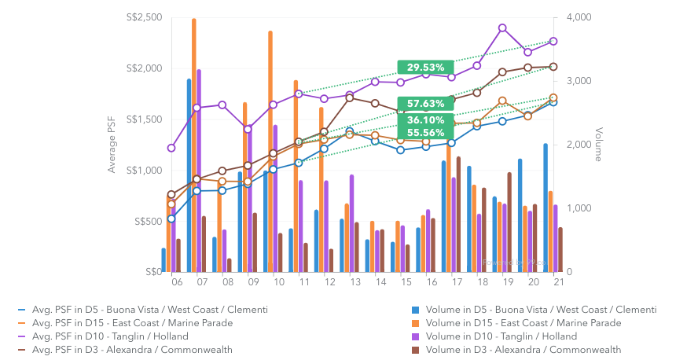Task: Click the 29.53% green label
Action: click(x=426, y=68)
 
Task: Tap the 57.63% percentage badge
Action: click(x=426, y=104)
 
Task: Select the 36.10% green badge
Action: click(x=426, y=120)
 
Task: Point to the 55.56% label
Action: click(x=426, y=133)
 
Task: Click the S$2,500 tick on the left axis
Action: click(x=144, y=17)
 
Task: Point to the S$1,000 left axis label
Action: click(x=144, y=171)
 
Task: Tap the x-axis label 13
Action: click(x=355, y=281)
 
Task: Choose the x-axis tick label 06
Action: click(x=177, y=281)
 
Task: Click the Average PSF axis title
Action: click(x=112, y=145)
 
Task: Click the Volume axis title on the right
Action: click(x=599, y=145)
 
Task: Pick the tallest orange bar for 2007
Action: click(x=194, y=145)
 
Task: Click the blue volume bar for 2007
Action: click(x=189, y=175)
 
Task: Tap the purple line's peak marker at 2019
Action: click(x=502, y=28)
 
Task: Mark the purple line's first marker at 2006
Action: click(x=171, y=148)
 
